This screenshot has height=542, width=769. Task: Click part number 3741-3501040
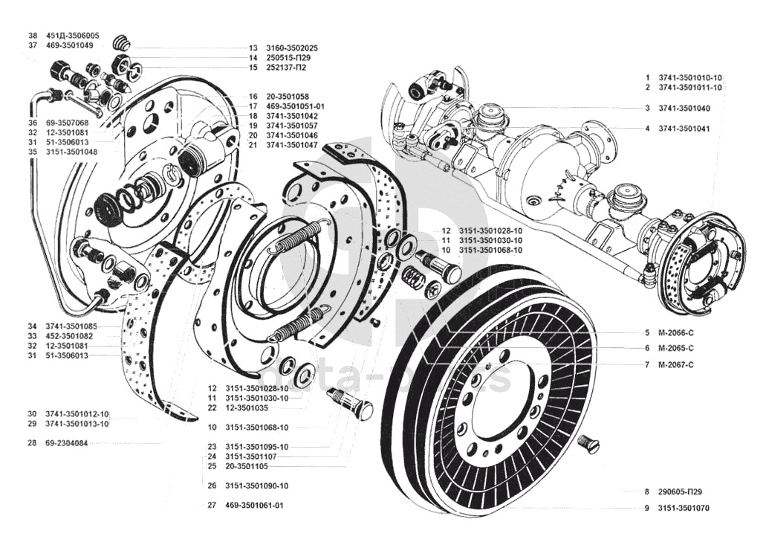click(x=684, y=108)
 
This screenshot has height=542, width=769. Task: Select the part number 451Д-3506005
click(x=72, y=36)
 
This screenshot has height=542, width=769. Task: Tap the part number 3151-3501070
click(x=684, y=508)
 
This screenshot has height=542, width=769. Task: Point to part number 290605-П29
click(x=680, y=491)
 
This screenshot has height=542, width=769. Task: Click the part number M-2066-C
click(x=675, y=333)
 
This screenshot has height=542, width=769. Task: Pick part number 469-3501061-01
click(x=255, y=505)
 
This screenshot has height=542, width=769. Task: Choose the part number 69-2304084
click(x=67, y=443)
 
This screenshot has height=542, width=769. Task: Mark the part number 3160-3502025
click(x=292, y=48)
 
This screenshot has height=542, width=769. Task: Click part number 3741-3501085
click(x=71, y=326)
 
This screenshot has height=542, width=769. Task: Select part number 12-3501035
click(x=247, y=408)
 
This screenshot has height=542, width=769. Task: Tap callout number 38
click(x=33, y=36)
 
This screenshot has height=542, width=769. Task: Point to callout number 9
click(x=647, y=508)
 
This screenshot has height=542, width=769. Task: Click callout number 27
click(x=212, y=505)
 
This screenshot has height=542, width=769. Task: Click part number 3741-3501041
click(x=684, y=129)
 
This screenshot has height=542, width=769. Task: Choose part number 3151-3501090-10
click(x=257, y=486)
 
